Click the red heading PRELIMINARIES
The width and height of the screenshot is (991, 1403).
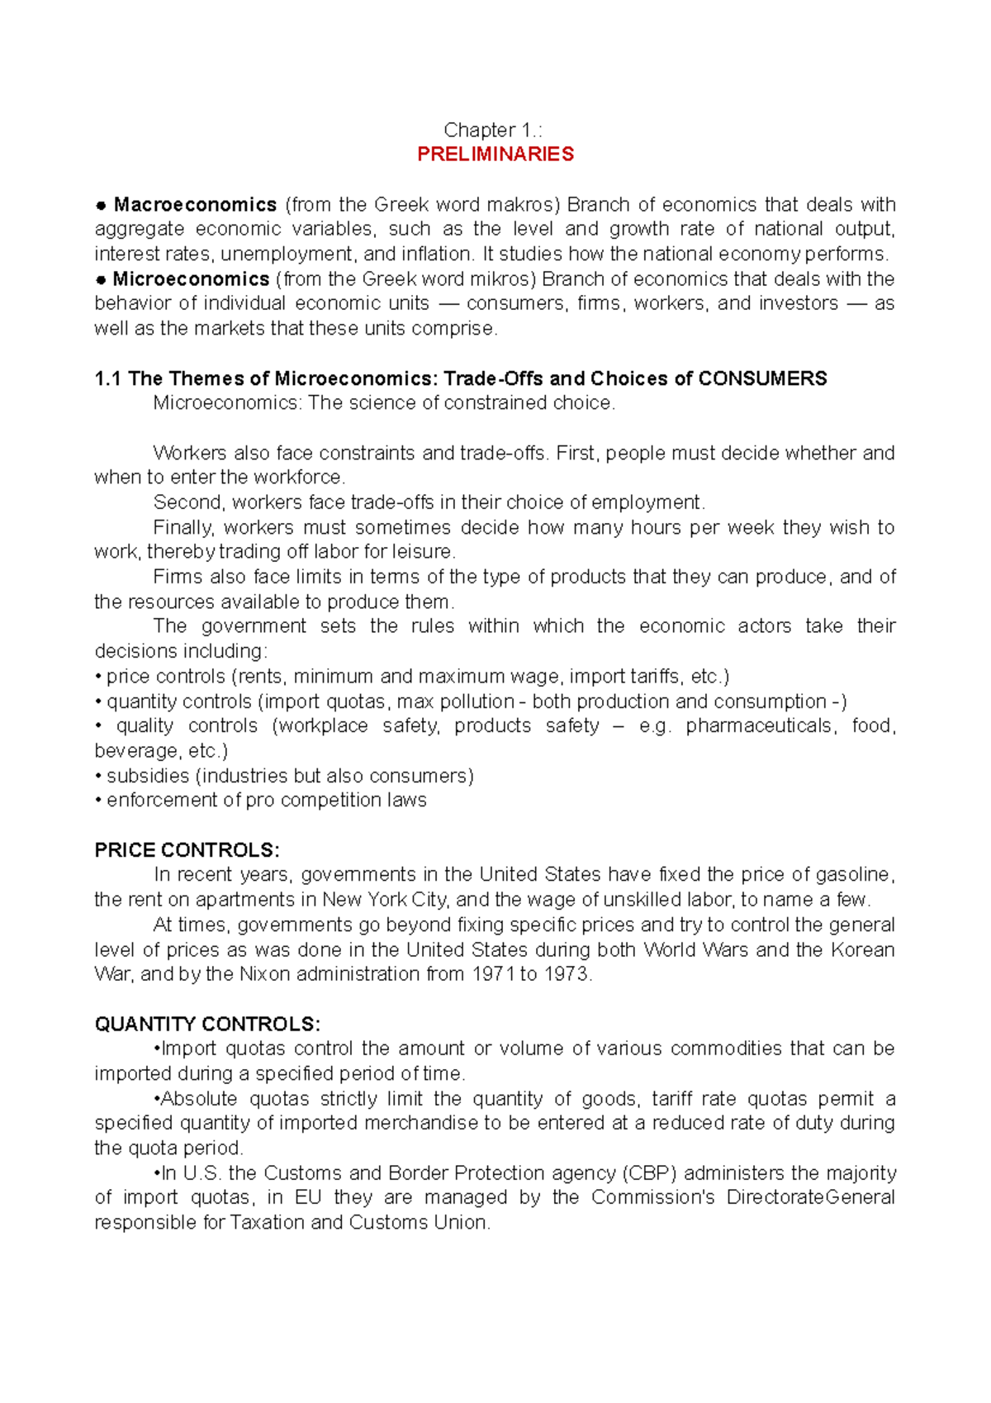(495, 155)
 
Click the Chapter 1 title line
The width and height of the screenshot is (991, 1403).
(493, 130)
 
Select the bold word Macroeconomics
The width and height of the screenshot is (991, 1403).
(195, 204)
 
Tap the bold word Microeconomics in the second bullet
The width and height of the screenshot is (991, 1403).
(191, 278)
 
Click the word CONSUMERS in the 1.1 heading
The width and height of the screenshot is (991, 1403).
(762, 378)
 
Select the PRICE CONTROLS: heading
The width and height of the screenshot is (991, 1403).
(187, 850)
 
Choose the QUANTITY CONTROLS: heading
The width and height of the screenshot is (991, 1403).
(207, 1024)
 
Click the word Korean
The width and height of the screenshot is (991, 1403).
(862, 949)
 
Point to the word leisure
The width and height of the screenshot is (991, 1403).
(425, 551)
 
